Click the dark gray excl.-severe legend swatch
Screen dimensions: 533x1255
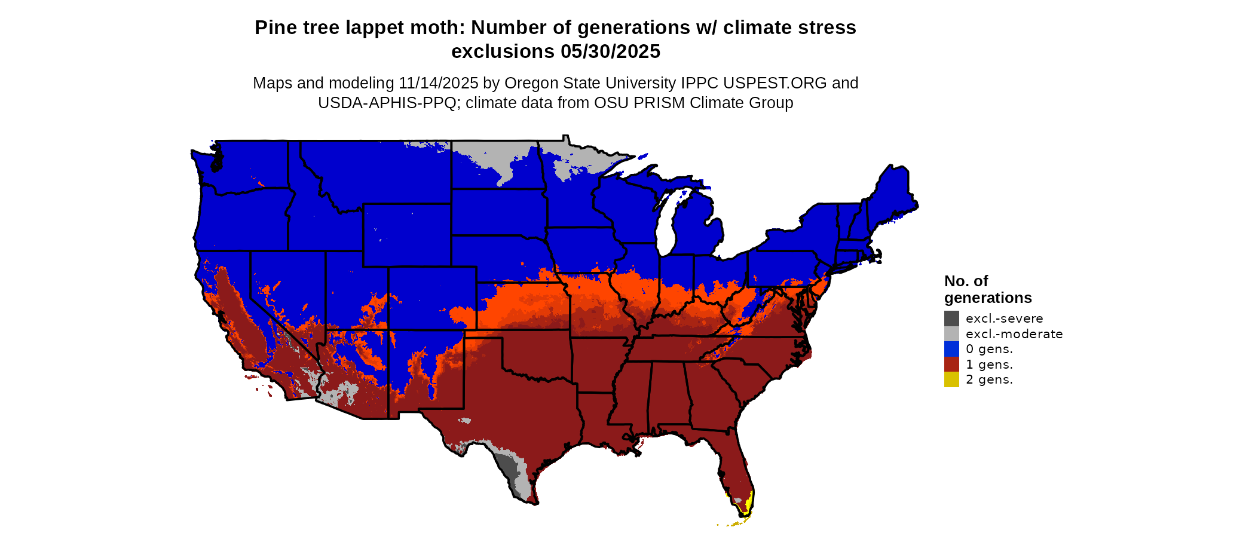pyautogui.click(x=951, y=318)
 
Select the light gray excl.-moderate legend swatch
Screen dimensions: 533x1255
pyautogui.click(x=951, y=334)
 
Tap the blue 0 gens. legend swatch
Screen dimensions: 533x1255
pyautogui.click(x=951, y=349)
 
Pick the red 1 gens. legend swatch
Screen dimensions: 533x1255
pyautogui.click(x=951, y=364)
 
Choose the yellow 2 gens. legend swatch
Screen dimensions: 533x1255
pyautogui.click(x=951, y=379)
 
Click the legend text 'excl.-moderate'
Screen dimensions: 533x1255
pyautogui.click(x=1014, y=334)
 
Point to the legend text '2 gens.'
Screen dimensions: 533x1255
pyautogui.click(x=989, y=379)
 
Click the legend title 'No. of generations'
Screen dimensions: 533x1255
pyautogui.click(x=987, y=289)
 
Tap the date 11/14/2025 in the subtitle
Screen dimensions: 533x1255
pyautogui.click(x=438, y=83)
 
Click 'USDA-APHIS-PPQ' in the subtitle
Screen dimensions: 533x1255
pyautogui.click(x=387, y=103)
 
